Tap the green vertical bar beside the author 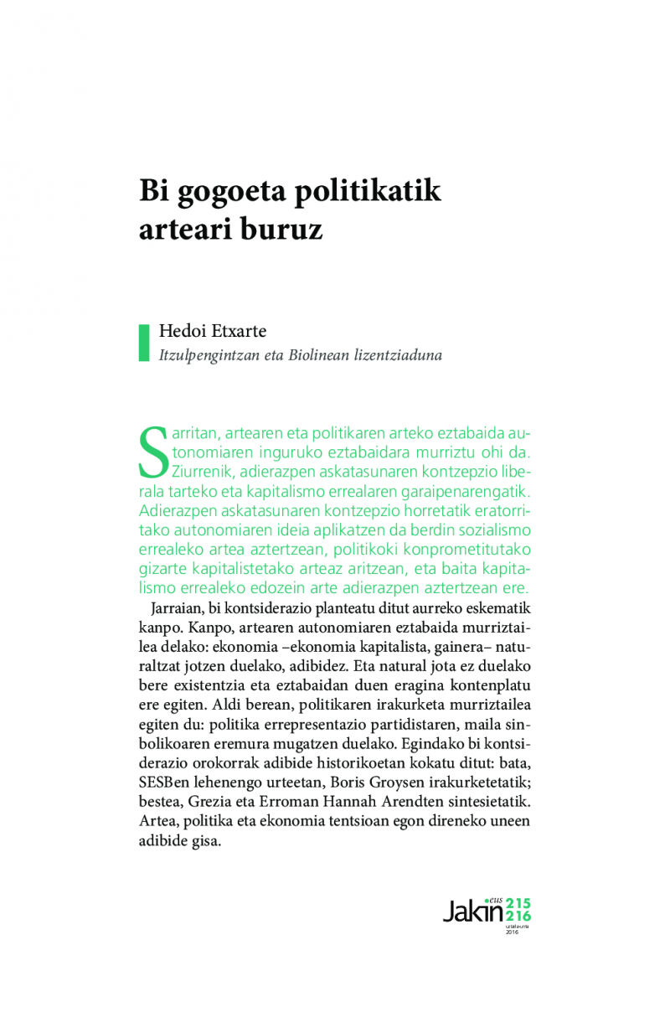point(143,343)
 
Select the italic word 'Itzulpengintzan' point(207,355)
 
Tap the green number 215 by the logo point(518,902)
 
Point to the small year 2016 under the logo point(513,933)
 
